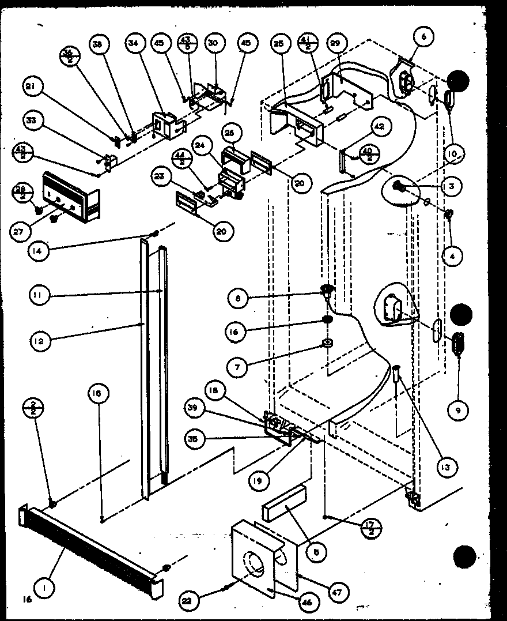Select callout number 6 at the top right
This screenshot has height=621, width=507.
(x=424, y=36)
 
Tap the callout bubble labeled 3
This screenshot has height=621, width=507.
(x=451, y=186)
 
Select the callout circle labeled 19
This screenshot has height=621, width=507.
(x=259, y=479)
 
